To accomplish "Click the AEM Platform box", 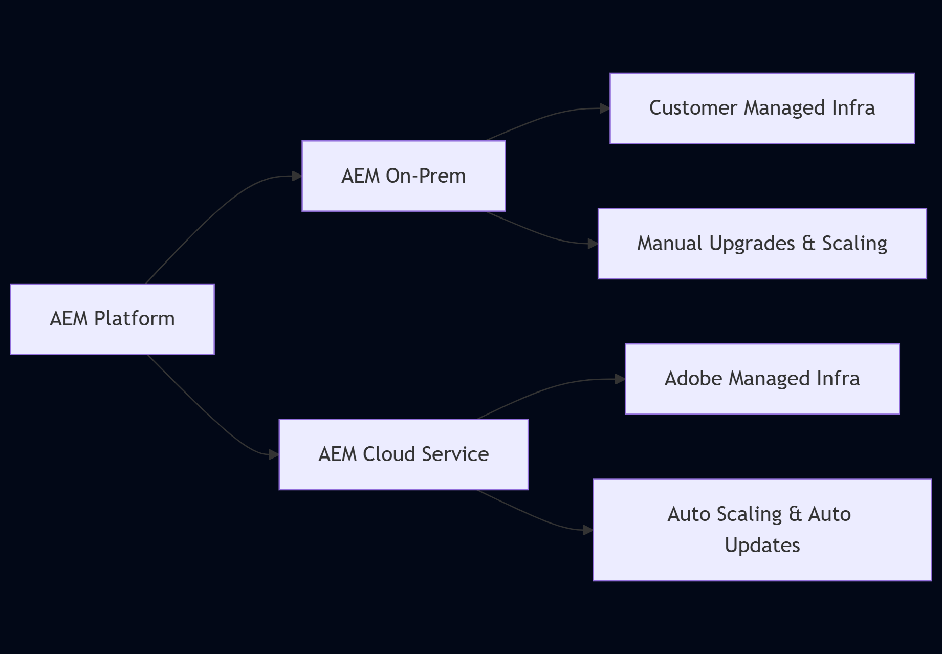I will [112, 319].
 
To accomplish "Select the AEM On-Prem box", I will [403, 176].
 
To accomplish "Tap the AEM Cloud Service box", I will [403, 454].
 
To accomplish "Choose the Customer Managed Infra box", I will [762, 108].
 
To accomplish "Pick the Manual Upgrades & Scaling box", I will [762, 244].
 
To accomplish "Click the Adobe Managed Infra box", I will [762, 379].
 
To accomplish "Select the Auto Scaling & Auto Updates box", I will [762, 530].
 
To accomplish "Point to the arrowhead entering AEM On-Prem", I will [297, 176].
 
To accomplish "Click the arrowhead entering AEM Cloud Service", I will [274, 454].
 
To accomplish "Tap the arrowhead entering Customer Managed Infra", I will [605, 108].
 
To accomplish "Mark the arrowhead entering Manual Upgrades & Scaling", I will [593, 244].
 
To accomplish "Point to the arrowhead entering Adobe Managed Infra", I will [620, 379].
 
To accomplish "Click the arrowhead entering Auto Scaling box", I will [588, 530].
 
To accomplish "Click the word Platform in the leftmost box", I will [134, 319].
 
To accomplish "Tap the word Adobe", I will [693, 379].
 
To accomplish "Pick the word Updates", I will [762, 546].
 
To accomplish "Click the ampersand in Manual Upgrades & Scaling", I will [808, 244].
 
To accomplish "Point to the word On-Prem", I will [426, 176].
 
